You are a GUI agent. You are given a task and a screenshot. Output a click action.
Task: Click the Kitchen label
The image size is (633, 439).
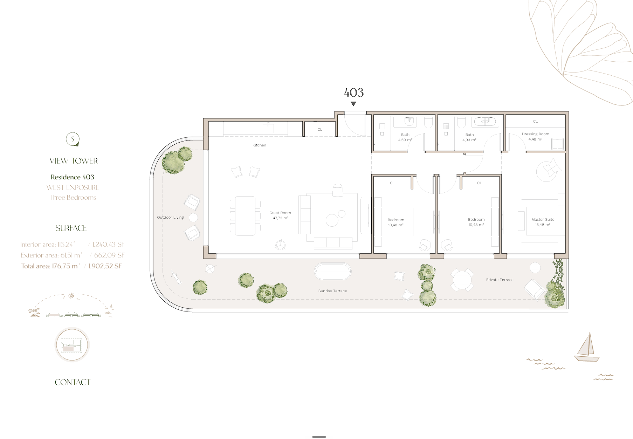point(259,145)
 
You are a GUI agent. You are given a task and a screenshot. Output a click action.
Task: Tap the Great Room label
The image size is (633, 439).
point(280,215)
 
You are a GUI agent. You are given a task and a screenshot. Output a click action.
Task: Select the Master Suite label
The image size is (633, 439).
point(543,222)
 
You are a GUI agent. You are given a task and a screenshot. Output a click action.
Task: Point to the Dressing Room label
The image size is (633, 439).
point(535,136)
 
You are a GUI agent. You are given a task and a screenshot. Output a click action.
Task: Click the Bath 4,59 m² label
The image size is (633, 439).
point(405,137)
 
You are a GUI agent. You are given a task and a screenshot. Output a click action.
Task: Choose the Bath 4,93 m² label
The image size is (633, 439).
point(469,137)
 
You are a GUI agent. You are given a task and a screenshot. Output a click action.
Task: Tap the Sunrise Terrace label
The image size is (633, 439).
point(332,291)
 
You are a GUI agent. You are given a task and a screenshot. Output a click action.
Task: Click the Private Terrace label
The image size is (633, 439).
point(500,280)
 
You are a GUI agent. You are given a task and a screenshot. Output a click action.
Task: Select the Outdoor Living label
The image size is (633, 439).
point(170,217)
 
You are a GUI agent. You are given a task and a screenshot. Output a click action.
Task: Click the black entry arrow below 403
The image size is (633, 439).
point(353,104)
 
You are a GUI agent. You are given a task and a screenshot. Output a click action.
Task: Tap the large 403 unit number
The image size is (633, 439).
point(354,92)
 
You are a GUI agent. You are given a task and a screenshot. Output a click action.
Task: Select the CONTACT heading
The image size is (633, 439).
point(73,382)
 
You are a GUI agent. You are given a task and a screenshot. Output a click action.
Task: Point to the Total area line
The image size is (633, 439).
point(71,266)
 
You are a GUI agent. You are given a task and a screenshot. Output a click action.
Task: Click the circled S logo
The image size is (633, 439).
point(73,139)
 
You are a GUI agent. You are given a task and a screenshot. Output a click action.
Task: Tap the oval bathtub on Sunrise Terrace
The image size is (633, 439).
point(333,272)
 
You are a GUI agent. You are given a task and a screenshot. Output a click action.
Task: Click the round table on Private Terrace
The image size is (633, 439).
point(462,280)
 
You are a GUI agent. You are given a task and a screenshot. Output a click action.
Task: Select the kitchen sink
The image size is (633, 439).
point(268,128)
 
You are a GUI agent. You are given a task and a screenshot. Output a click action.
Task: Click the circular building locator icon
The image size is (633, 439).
point(72,345)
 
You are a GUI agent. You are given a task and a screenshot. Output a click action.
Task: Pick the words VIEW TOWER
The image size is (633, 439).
point(74,161)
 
